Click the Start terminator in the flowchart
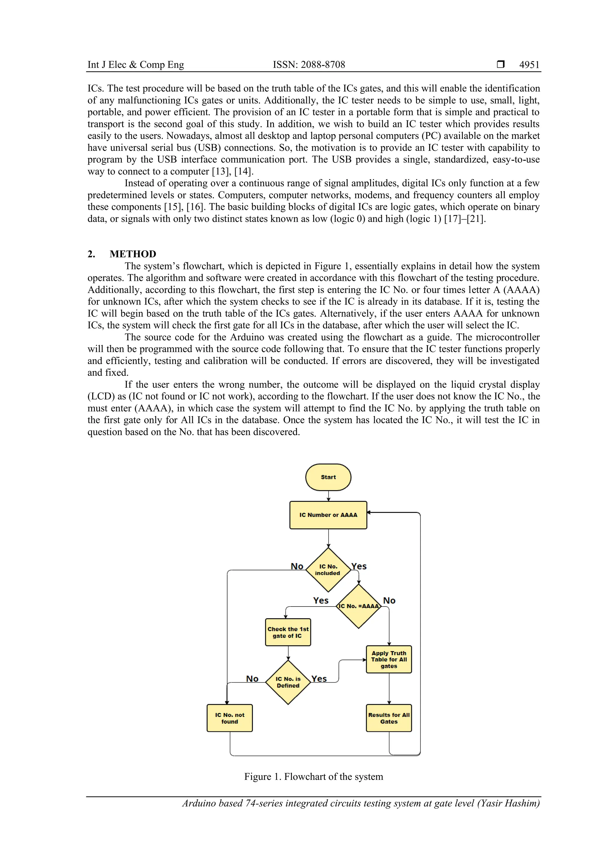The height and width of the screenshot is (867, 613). point(328,477)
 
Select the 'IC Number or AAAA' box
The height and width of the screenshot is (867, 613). point(328,515)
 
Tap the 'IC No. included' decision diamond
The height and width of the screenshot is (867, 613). point(328,569)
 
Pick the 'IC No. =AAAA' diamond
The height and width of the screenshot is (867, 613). point(358,606)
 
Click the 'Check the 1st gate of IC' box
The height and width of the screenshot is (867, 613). point(288,632)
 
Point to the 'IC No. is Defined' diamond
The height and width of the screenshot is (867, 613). point(288,682)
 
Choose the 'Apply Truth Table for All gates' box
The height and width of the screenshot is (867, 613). point(389,659)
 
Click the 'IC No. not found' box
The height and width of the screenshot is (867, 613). point(230,718)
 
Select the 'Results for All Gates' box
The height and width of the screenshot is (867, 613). point(389,718)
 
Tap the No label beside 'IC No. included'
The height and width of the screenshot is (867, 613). point(297,566)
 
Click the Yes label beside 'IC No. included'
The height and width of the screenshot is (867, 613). point(359,566)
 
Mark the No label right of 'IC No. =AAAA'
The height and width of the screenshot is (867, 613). point(389,601)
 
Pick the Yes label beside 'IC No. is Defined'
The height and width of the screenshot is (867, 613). point(319,679)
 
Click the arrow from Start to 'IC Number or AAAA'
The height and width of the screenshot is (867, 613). point(328,496)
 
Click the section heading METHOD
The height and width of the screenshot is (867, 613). point(133,254)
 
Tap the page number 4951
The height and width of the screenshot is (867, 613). point(529,65)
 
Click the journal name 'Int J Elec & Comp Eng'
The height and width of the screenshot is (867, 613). point(136,65)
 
